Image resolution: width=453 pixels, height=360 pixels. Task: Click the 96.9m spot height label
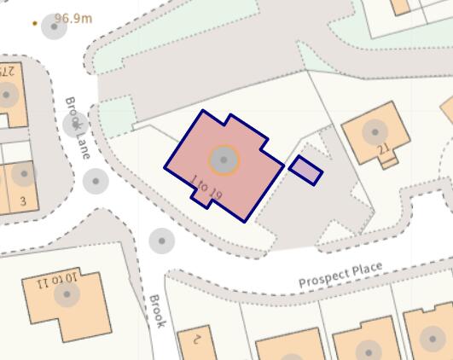click(73, 17)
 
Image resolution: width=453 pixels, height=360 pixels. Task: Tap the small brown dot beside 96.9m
click(35, 23)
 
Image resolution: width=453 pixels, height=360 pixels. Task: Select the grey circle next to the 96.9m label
click(54, 27)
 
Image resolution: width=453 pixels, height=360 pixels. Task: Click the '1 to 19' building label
click(206, 189)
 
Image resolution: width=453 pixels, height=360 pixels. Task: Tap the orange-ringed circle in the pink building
click(224, 160)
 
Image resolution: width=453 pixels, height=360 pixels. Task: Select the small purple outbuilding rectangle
click(305, 170)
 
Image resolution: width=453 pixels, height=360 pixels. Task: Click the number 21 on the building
click(383, 152)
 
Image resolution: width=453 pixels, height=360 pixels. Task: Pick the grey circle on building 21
click(374, 131)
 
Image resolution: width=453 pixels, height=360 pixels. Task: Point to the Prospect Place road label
click(340, 276)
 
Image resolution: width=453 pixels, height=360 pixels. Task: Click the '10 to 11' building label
click(57, 281)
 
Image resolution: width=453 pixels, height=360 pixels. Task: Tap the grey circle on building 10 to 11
click(67, 295)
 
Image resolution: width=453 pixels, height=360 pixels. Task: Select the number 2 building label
click(195, 338)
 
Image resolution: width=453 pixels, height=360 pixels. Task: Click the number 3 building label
click(23, 201)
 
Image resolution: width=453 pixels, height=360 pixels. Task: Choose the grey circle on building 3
click(24, 174)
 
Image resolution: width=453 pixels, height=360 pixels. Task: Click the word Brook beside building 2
click(156, 311)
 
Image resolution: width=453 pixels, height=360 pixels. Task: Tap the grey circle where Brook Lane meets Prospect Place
click(161, 241)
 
